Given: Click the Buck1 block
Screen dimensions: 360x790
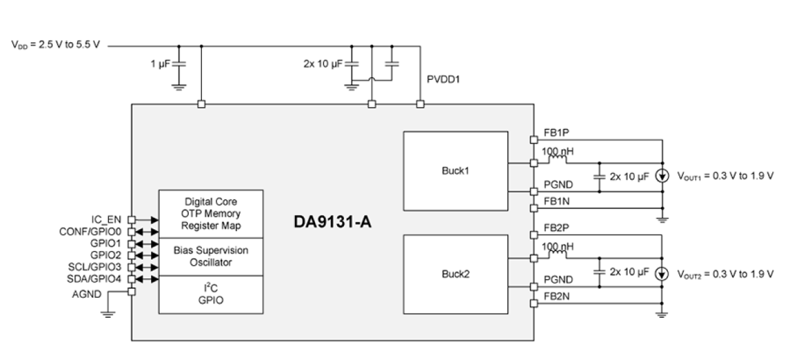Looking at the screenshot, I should (455, 170).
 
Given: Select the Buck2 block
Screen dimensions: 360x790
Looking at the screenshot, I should (455, 274).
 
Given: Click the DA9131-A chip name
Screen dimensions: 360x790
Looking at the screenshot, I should (333, 223).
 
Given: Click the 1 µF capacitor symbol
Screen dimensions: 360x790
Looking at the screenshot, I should (179, 64).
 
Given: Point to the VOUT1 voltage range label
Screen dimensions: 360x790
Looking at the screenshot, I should (725, 176).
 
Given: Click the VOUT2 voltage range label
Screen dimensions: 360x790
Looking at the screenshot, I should (725, 274).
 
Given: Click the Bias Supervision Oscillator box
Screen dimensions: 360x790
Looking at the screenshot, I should (211, 256).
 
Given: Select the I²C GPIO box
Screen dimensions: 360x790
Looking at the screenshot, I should (211, 295).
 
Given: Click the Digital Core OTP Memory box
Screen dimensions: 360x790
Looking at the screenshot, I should (211, 213).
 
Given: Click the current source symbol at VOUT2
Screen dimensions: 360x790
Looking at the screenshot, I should (662, 274).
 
